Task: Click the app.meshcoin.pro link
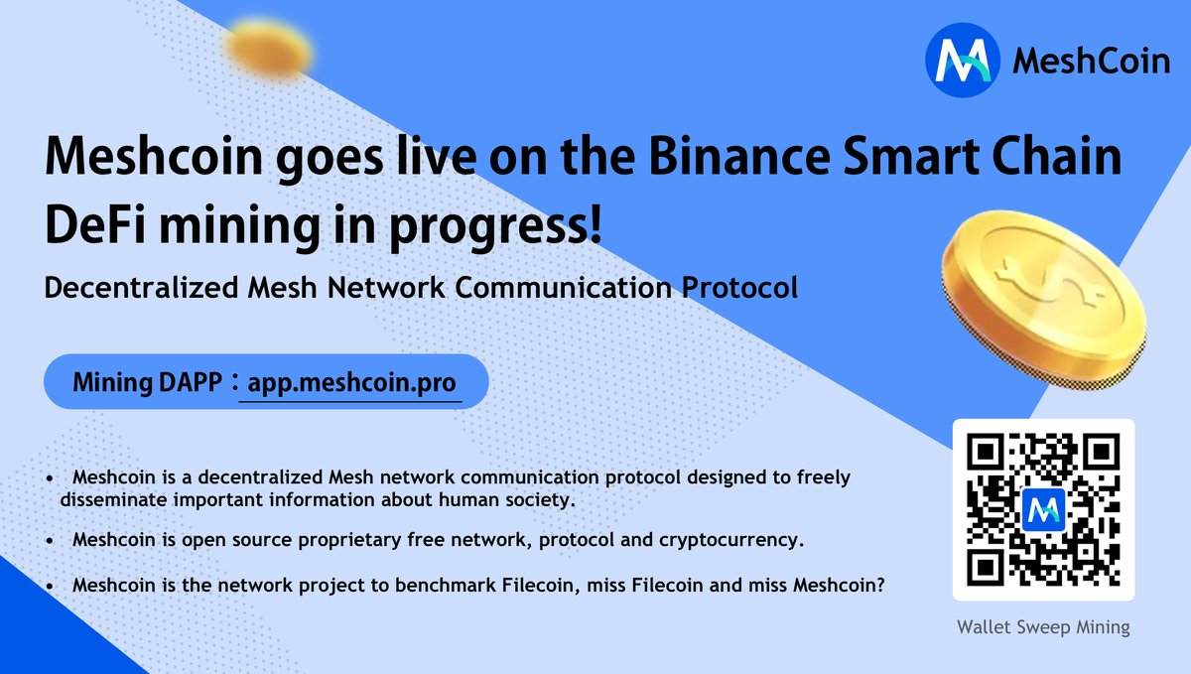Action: (x=349, y=382)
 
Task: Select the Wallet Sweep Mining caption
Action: (x=1043, y=627)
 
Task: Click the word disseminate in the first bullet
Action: (x=108, y=499)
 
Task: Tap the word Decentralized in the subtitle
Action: (x=137, y=289)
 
